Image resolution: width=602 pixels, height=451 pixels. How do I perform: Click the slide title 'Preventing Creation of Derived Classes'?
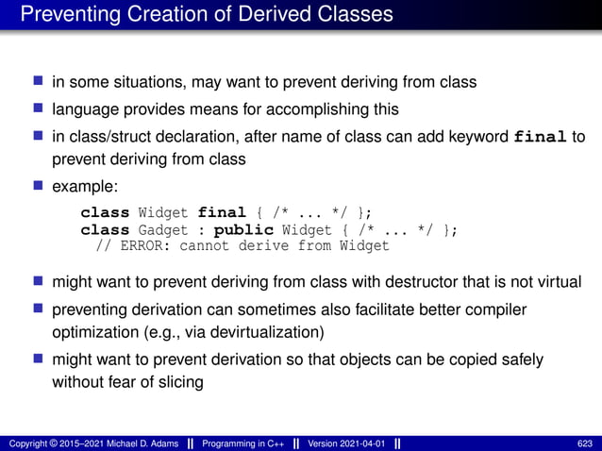coord(207,14)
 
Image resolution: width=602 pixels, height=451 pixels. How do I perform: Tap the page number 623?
coord(585,443)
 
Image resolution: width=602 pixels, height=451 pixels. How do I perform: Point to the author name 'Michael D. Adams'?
coord(137,443)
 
